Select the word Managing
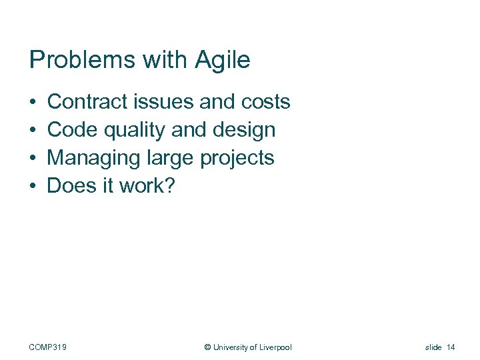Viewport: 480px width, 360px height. pyautogui.click(x=93, y=158)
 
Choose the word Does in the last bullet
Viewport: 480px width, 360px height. pyautogui.click(x=72, y=186)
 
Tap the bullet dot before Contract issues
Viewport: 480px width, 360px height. pyautogui.click(x=33, y=103)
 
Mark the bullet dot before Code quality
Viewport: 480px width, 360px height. pyautogui.click(x=33, y=131)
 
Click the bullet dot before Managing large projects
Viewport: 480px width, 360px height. pyautogui.click(x=33, y=159)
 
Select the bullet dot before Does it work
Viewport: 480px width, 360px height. pyautogui.click(x=33, y=187)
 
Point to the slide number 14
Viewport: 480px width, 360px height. pyautogui.click(x=451, y=347)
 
